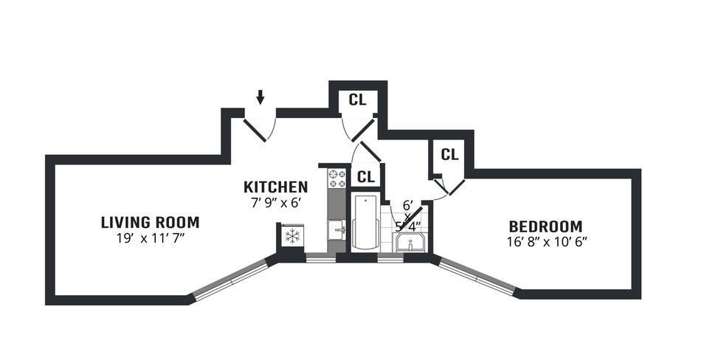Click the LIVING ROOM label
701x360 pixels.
(x=150, y=222)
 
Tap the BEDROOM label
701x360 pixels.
(x=545, y=226)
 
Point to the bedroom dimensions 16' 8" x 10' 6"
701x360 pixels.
(x=545, y=241)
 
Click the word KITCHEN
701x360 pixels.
(x=276, y=187)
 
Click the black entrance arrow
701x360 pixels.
(x=260, y=97)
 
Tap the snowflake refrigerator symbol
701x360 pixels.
(x=292, y=237)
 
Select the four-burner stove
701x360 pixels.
(x=337, y=178)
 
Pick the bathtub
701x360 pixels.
(x=365, y=223)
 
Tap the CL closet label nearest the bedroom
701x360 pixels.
(x=449, y=155)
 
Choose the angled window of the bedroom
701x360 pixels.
(x=477, y=277)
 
